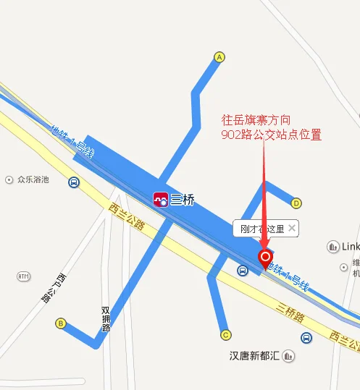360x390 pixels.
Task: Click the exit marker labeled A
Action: [x=219, y=56]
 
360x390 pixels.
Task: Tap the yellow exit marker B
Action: [x=61, y=323]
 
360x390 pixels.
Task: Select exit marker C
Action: [x=225, y=334]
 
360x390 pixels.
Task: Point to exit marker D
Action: [x=296, y=203]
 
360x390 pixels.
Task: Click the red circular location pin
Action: [x=265, y=256]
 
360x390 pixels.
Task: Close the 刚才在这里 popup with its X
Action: [x=291, y=228]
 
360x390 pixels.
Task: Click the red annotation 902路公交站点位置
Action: [x=271, y=135]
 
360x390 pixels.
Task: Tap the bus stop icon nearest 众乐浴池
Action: [x=74, y=182]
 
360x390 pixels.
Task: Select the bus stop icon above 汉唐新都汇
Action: [x=306, y=338]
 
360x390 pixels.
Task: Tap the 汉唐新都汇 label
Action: [x=251, y=356]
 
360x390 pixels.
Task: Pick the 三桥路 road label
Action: [x=290, y=310]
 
